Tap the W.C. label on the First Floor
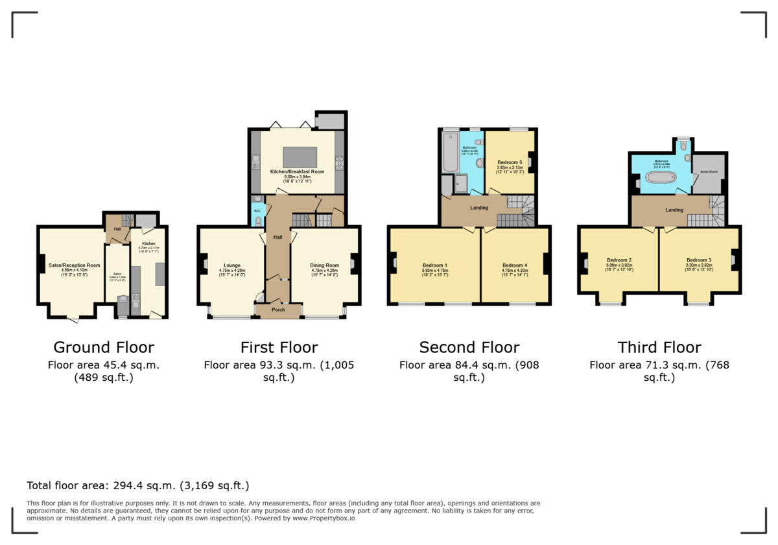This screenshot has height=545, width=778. (x=257, y=210)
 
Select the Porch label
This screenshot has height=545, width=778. (x=278, y=309)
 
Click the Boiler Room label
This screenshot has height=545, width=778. (x=709, y=172)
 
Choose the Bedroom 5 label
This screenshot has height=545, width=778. (x=509, y=162)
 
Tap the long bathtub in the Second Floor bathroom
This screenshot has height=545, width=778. (x=449, y=153)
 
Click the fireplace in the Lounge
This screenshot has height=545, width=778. (x=204, y=263)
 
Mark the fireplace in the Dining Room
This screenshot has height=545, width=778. (x=353, y=263)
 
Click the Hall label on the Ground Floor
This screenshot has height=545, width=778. (x=117, y=229)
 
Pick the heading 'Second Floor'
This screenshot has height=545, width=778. (x=469, y=347)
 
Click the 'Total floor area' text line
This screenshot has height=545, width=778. (x=137, y=485)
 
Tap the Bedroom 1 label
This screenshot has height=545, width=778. (x=435, y=265)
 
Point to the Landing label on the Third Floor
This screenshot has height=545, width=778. (x=674, y=210)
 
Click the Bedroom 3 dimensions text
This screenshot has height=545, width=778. (x=699, y=269)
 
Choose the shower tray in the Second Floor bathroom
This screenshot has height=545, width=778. (x=460, y=184)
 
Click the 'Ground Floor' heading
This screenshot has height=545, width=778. (x=104, y=347)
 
